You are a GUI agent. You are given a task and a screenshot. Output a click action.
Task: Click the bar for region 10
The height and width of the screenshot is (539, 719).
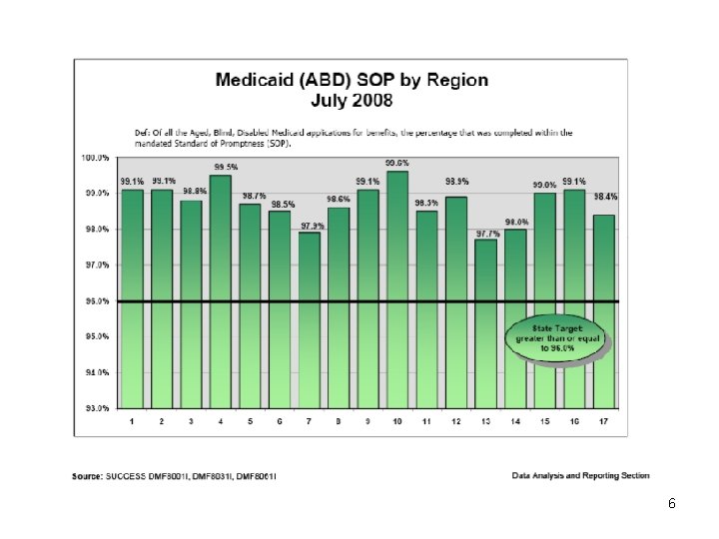tap(397, 289)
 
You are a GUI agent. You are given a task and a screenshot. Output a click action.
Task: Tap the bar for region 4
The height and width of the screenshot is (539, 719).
tap(221, 290)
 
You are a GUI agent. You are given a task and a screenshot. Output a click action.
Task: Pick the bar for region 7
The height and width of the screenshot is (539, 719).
tap(310, 319)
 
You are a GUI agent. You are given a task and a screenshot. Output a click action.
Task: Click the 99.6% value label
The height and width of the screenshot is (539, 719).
tap(397, 163)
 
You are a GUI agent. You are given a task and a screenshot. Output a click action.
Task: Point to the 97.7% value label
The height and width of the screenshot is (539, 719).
tap(486, 233)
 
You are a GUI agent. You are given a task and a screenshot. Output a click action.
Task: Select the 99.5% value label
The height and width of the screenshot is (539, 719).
tap(222, 167)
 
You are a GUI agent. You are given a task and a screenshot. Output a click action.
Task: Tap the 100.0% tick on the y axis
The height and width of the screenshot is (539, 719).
tap(95, 158)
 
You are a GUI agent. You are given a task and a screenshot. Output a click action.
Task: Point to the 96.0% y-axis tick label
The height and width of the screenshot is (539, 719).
tap(95, 301)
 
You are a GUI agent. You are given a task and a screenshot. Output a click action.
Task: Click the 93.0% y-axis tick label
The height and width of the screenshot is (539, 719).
tap(95, 408)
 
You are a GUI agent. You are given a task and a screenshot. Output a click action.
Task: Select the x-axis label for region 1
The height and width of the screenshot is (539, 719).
tap(133, 422)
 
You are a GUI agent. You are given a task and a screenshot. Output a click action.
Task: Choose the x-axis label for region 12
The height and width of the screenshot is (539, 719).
tap(456, 422)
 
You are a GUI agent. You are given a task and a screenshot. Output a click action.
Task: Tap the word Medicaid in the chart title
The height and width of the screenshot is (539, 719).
tap(263, 81)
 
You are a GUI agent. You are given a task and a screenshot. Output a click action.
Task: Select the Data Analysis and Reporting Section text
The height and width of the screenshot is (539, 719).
tap(582, 475)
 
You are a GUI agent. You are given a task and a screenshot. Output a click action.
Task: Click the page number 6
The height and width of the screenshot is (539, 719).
tap(672, 504)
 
